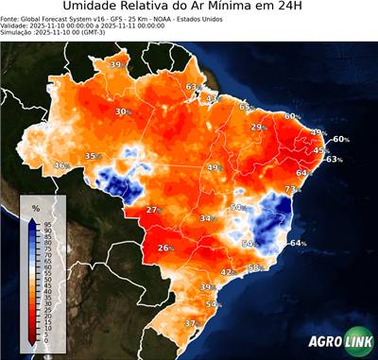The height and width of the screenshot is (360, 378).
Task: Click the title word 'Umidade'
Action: click(94, 9)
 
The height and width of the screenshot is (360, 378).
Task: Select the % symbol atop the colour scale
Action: click(35, 207)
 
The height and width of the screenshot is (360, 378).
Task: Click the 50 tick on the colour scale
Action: click(46, 281)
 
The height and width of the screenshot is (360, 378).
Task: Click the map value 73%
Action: click(291, 190)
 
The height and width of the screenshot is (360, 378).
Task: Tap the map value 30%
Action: click(122, 111)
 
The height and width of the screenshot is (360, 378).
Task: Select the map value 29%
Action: click(257, 127)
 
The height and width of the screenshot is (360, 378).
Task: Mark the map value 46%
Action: click(60, 165)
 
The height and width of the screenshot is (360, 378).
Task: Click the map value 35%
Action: click(93, 156)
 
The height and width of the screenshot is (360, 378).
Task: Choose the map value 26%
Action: click(164, 249)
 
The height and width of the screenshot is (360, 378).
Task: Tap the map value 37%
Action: click(191, 323)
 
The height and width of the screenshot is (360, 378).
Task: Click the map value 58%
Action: click(254, 267)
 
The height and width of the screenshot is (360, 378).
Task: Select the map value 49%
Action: click(215, 167)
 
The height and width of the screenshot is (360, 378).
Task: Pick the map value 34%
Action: click(206, 218)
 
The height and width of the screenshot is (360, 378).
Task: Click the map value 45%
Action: click(320, 150)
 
